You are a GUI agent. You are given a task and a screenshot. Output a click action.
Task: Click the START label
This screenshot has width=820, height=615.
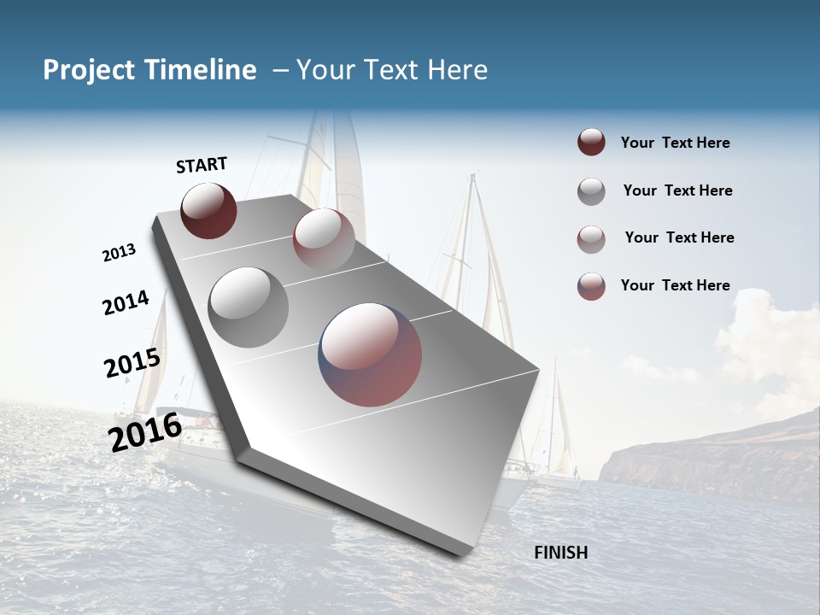(x=202, y=165)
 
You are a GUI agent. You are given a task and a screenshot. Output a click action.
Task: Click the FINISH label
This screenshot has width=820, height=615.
(x=561, y=553)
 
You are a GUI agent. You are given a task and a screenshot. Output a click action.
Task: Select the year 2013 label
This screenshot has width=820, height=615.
(x=119, y=253)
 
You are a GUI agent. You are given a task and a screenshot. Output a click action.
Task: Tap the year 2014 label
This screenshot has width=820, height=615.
(x=126, y=302)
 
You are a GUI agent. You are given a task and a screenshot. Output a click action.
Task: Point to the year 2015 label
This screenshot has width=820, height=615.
(x=132, y=363)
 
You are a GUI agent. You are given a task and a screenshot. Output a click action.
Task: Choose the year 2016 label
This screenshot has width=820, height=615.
(x=145, y=431)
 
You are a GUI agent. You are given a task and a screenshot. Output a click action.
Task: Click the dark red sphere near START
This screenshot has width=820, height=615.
(x=208, y=211)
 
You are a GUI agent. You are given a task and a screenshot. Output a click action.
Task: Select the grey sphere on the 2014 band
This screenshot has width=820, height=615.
(x=249, y=307)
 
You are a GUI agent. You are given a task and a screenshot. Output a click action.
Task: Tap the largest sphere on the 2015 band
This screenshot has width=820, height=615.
(x=370, y=354)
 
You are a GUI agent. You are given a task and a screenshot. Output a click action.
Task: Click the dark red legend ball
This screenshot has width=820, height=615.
(x=591, y=143)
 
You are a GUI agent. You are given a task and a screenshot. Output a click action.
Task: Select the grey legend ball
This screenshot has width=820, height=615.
(x=591, y=191)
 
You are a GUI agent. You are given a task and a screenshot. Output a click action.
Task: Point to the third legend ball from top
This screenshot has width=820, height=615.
(x=591, y=238)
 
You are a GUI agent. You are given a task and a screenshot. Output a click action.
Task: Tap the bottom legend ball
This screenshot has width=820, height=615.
(x=591, y=286)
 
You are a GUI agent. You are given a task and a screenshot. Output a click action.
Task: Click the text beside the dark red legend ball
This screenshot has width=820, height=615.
(x=675, y=143)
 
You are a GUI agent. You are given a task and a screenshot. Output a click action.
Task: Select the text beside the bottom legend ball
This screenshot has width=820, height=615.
(x=675, y=285)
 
